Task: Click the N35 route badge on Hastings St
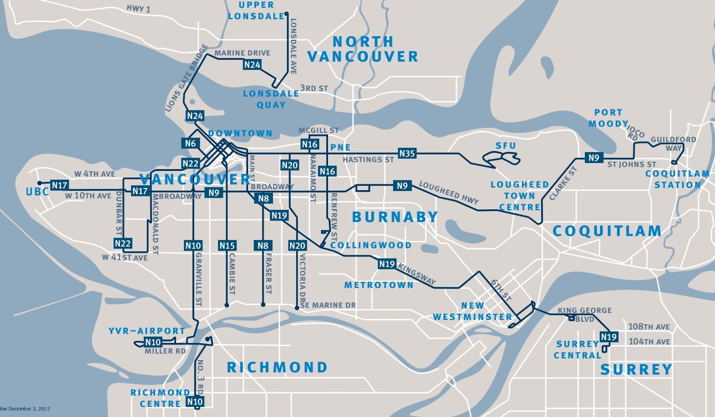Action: (407, 153)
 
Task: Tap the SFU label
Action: (505, 146)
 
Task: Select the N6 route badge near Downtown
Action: (190, 143)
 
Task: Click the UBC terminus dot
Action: (39, 183)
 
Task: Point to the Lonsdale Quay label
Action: (271, 99)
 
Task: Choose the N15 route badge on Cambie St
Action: (227, 246)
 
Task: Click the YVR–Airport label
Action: (147, 331)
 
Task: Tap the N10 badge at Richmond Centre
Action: (195, 401)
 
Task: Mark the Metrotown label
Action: (379, 285)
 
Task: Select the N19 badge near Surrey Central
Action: (609, 337)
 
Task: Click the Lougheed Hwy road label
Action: (449, 192)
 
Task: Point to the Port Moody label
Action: (608, 118)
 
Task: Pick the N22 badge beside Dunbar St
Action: (122, 243)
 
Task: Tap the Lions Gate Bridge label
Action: (186, 78)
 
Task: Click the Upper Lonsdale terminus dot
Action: (286, 14)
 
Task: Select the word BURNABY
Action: (395, 217)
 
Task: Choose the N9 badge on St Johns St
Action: (593, 157)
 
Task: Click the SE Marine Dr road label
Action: (328, 305)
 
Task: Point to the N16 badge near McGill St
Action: (309, 144)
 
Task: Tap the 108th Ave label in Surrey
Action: (649, 327)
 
